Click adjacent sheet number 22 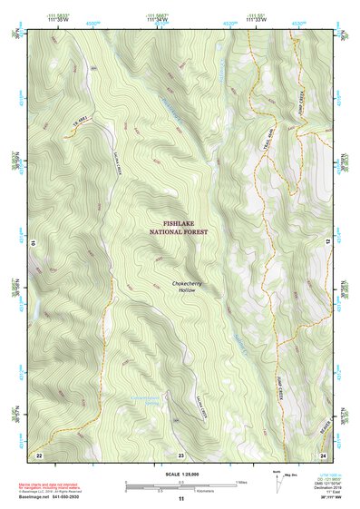(x=39, y=453)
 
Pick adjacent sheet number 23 (x=180, y=453)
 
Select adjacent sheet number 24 (x=322, y=453)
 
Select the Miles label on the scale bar (x=240, y=481)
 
